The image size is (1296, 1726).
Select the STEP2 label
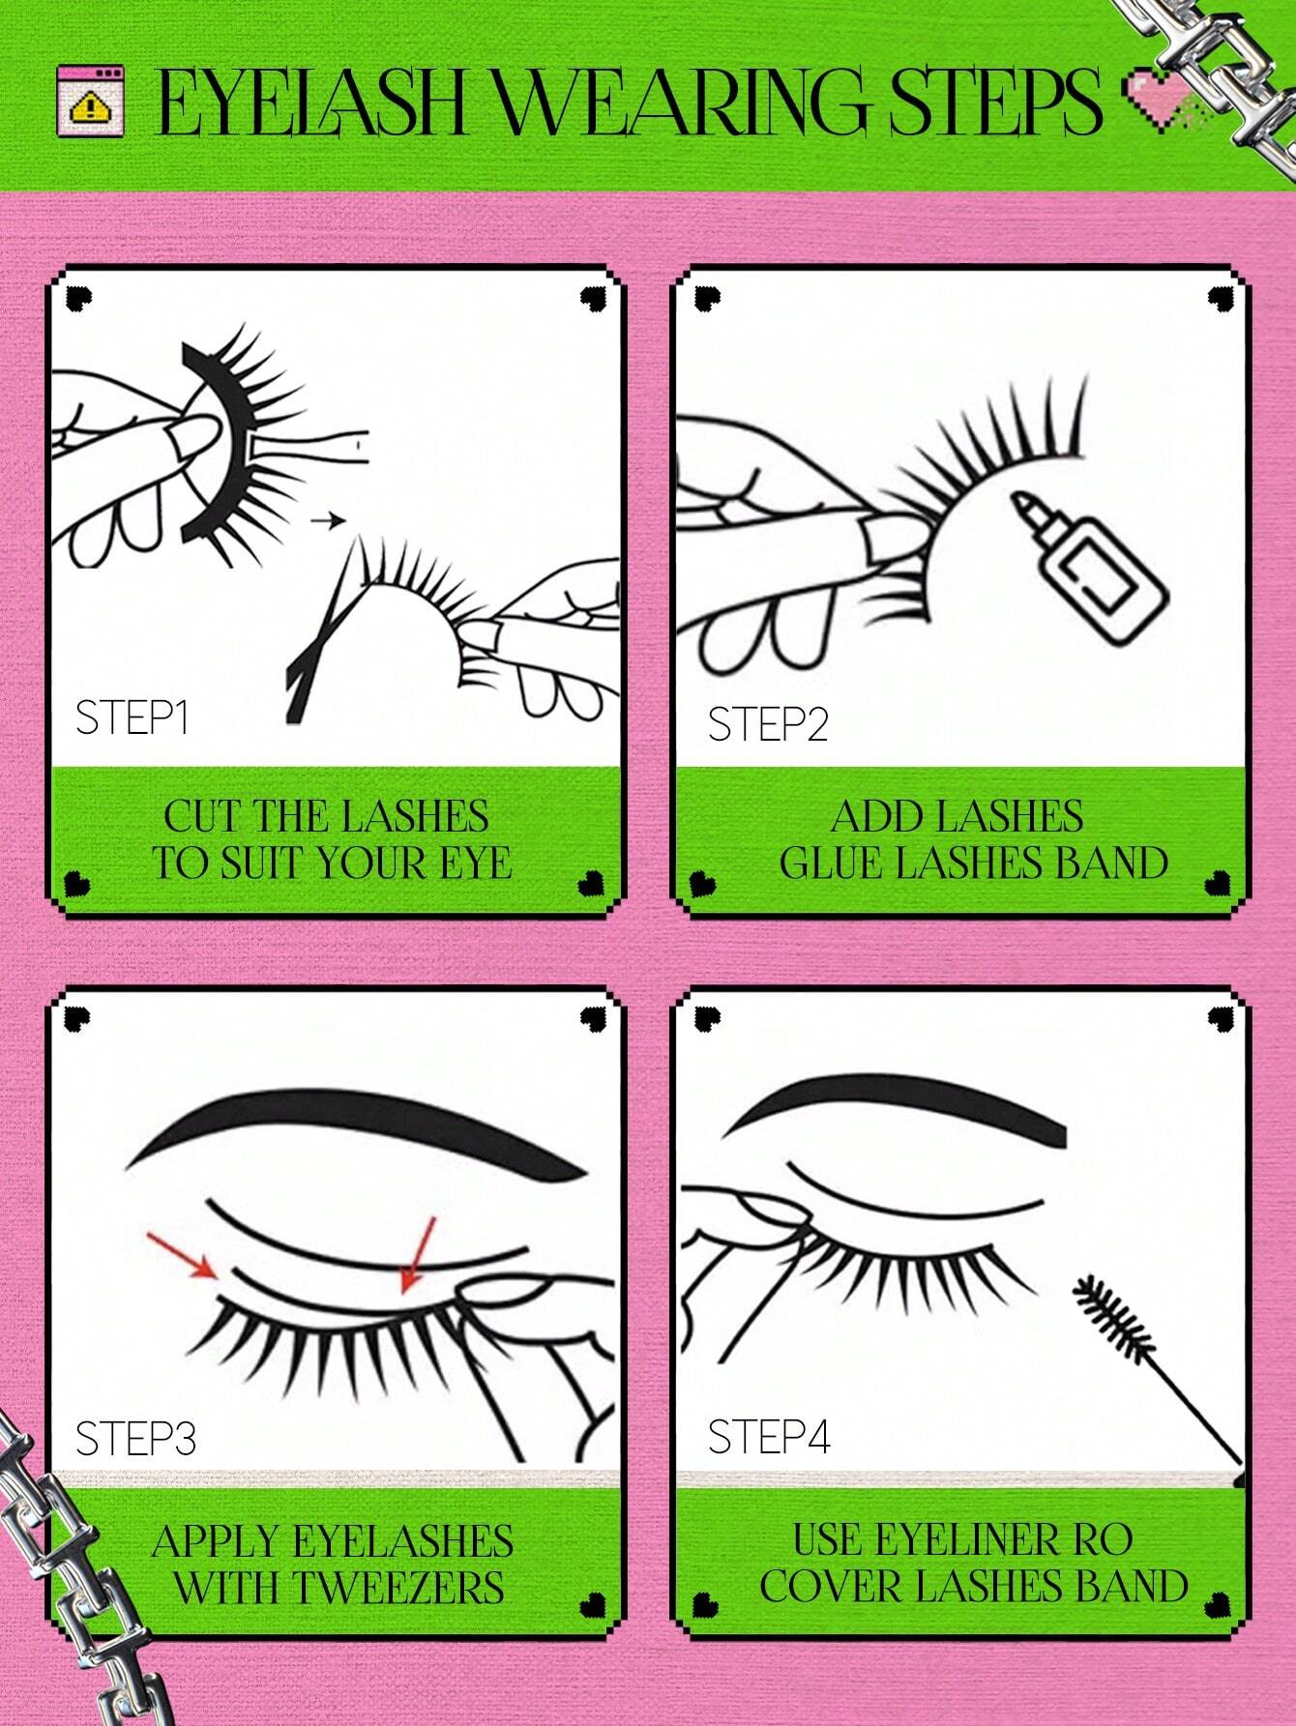pyautogui.click(x=768, y=724)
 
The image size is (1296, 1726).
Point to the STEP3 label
pyautogui.click(x=135, y=1439)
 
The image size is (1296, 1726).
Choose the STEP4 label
pyautogui.click(x=769, y=1437)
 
